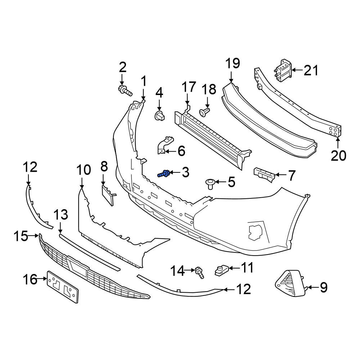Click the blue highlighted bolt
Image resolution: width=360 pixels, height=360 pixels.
[164, 174]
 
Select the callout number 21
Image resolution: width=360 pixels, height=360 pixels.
[311, 70]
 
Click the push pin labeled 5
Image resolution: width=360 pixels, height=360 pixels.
[210, 184]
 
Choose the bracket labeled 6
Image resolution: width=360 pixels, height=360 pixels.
[165, 145]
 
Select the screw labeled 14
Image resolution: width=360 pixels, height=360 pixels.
[199, 273]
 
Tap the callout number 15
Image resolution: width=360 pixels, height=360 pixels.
[21, 236]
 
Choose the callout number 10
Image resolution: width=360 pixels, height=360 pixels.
[84, 170]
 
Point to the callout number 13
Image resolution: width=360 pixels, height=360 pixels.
[61, 215]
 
